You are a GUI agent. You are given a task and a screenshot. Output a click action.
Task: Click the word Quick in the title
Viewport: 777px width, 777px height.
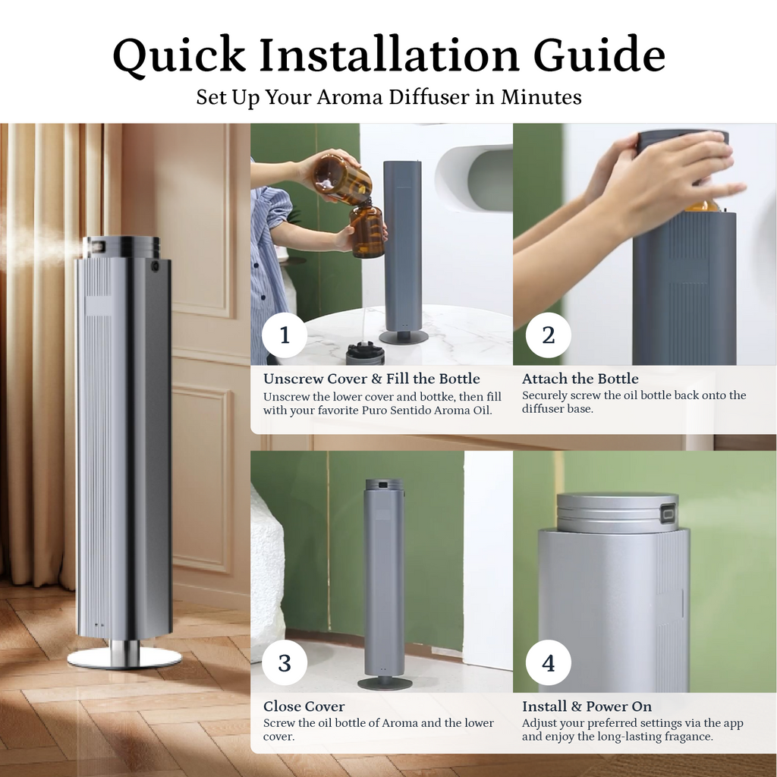tap(179, 55)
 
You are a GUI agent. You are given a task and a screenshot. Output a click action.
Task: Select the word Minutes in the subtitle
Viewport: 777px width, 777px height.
tap(541, 96)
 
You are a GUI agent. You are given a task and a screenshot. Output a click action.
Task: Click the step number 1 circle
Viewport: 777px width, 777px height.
tap(285, 335)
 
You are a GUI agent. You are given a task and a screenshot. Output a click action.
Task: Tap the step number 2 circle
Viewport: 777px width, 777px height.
tap(548, 335)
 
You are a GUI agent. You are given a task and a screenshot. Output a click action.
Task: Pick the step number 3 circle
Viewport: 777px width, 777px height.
tap(285, 662)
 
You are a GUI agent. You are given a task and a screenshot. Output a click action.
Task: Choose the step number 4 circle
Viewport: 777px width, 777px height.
tap(548, 662)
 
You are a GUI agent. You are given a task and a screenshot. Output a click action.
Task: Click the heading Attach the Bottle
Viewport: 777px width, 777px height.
tap(580, 379)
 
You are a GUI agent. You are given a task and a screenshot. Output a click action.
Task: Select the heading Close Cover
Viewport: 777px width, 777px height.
tap(304, 706)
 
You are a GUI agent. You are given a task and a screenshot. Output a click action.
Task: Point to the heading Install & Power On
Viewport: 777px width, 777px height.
tap(587, 706)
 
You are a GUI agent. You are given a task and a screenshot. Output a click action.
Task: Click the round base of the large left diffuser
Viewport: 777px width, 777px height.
tap(124, 659)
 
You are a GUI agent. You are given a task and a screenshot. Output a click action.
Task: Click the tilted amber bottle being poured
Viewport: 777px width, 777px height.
tap(343, 178)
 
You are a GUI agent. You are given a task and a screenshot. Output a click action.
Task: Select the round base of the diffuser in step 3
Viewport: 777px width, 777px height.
tap(385, 684)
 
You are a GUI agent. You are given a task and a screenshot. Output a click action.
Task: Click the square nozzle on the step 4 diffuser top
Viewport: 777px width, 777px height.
tap(669, 514)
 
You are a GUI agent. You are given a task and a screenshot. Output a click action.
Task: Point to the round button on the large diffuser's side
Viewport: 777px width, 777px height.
tap(156, 266)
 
